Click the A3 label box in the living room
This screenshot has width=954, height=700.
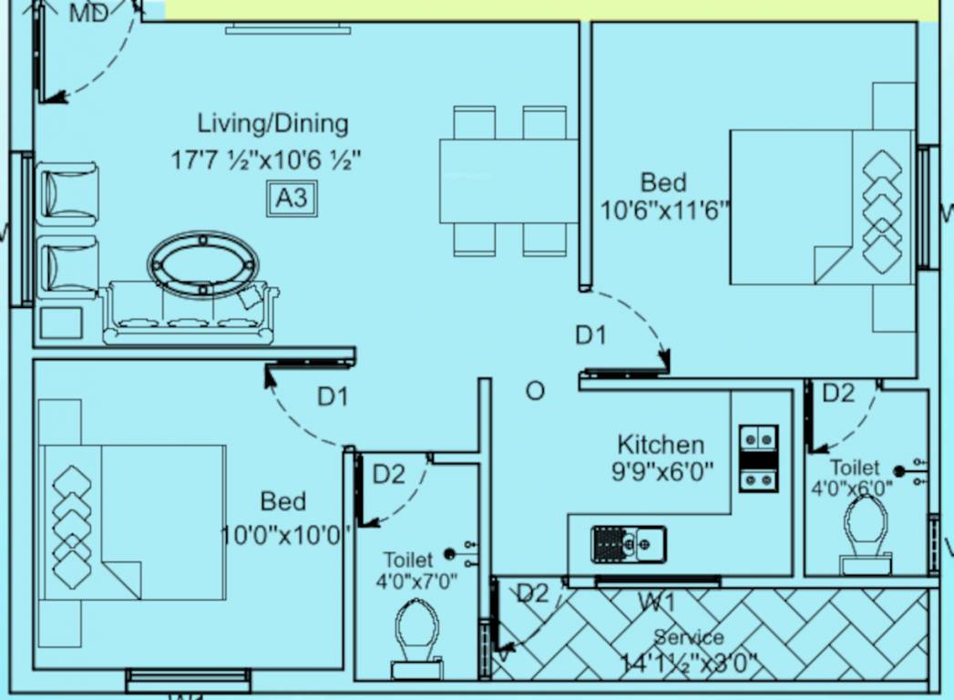click(292, 199)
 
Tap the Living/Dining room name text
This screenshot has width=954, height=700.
click(272, 123)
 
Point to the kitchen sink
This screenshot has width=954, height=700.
click(629, 544)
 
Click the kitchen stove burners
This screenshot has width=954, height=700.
click(758, 458)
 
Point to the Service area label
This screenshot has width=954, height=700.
click(689, 637)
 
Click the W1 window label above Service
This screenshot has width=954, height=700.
click(656, 602)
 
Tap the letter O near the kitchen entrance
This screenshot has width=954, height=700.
click(535, 391)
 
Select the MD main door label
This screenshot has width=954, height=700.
click(88, 13)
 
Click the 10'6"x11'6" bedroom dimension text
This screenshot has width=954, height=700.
click(666, 211)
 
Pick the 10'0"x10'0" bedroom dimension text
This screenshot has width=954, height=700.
click(285, 533)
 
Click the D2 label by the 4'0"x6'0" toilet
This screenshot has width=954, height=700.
click(838, 393)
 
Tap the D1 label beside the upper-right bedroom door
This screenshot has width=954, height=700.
click(590, 335)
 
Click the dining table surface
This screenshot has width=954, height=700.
click(508, 180)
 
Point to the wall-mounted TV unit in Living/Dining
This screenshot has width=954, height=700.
click(288, 29)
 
